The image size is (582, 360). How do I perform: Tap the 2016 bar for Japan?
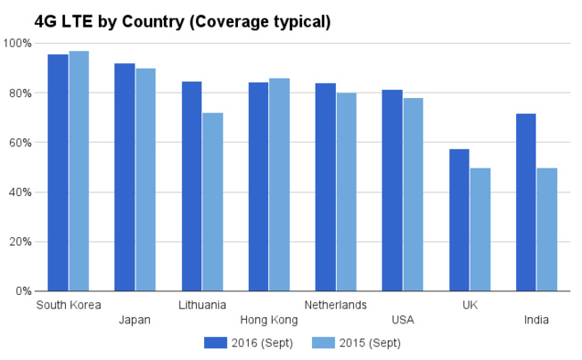pos(125,177)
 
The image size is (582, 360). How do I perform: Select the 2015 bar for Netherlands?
pos(347,192)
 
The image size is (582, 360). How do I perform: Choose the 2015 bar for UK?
pos(480,229)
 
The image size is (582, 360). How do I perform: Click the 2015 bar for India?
pos(547,229)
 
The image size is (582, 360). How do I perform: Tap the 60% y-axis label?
pos(20,143)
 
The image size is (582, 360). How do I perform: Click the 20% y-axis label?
pos(20,241)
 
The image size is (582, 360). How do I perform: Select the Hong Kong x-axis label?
pos(269,320)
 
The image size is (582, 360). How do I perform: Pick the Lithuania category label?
pos(202,305)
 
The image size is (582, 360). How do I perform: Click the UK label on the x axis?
pos(470,305)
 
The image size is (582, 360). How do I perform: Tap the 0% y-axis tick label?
pos(22,291)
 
